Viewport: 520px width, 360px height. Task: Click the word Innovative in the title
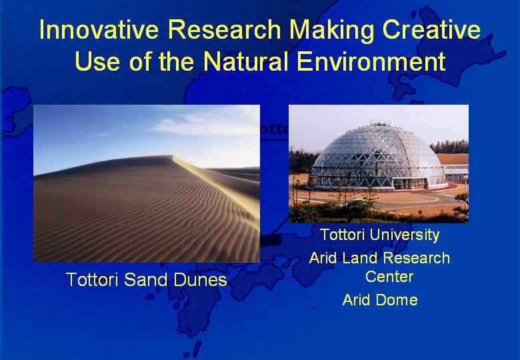(x=99, y=29)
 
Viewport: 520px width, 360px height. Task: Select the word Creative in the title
(x=431, y=29)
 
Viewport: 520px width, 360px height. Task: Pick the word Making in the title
(x=331, y=31)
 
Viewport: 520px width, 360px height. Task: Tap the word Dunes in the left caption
(x=200, y=279)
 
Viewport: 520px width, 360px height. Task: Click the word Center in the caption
(x=389, y=277)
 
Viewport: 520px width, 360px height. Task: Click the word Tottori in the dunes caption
(x=92, y=279)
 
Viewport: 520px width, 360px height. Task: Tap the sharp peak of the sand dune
(x=173, y=156)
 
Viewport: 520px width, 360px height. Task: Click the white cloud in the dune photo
(x=202, y=123)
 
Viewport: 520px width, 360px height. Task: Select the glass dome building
(x=378, y=157)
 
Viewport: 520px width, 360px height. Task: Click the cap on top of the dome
(x=380, y=123)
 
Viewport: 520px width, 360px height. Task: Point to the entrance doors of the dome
(x=409, y=183)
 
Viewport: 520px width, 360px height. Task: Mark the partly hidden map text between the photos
(x=274, y=129)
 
